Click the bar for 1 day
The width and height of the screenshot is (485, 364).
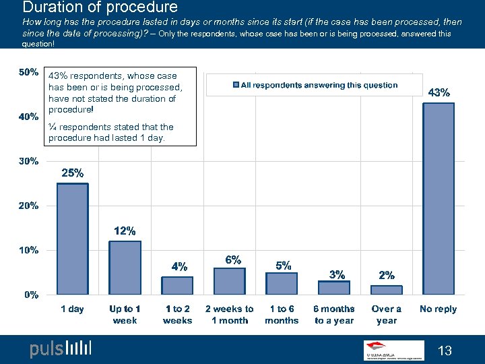(x=72, y=239)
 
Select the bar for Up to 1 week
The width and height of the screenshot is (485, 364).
(x=125, y=268)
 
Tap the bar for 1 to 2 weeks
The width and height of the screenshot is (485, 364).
(x=177, y=285)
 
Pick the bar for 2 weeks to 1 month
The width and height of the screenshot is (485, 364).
(x=230, y=281)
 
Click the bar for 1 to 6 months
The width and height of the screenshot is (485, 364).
(x=282, y=283)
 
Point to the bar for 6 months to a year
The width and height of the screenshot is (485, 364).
(x=334, y=288)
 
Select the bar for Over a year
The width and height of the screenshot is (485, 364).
(x=387, y=290)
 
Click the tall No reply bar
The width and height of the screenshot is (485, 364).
(x=439, y=198)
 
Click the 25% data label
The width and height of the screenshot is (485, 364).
(x=73, y=173)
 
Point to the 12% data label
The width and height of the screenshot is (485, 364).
(x=125, y=231)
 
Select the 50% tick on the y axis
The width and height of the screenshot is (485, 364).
(x=28, y=72)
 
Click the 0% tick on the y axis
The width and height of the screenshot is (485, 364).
(x=30, y=295)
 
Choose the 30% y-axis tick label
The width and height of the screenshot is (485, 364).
(x=28, y=162)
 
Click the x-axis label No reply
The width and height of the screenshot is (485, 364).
(x=439, y=309)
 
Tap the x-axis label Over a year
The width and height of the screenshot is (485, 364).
(x=387, y=315)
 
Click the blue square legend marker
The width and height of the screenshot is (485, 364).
(x=236, y=85)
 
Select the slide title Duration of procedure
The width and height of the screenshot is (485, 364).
(x=100, y=8)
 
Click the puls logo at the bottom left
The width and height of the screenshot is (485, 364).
(x=61, y=349)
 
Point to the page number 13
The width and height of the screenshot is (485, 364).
(x=445, y=350)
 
